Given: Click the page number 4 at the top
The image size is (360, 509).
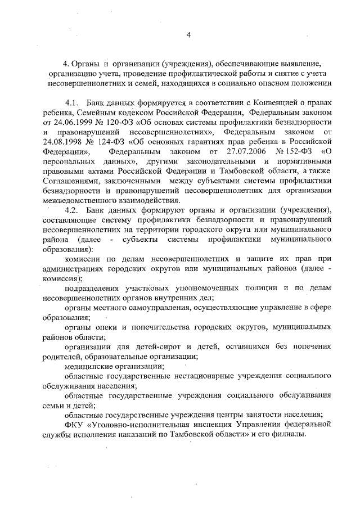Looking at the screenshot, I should tap(190, 35).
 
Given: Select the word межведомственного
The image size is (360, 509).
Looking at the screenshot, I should tap(80, 200).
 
